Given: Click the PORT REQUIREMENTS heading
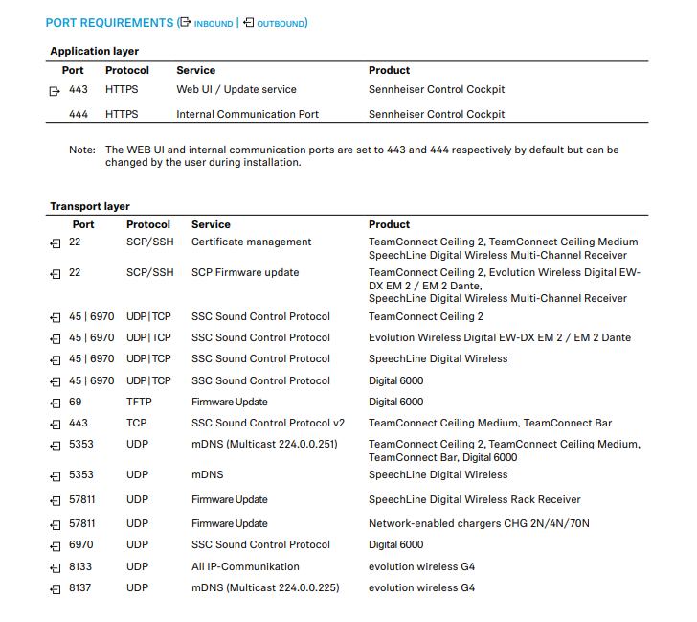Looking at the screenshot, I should [109, 22].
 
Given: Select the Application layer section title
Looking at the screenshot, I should [94, 51].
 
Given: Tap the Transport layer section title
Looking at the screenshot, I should [90, 206].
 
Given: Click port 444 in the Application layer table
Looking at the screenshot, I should [79, 114].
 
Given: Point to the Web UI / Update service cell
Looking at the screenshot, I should [236, 89].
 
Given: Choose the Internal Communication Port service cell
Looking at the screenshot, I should [247, 114].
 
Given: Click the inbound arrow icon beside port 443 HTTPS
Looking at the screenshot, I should [55, 91].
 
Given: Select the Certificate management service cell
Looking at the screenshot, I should [251, 242].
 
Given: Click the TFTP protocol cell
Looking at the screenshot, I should [139, 402].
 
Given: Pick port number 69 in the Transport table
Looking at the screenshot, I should [75, 402].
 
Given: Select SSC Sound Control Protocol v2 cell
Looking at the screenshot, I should [267, 423].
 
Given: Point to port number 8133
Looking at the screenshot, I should [81, 566].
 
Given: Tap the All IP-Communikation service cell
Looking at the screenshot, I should [245, 566].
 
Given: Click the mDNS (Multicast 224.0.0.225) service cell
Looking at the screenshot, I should [264, 587].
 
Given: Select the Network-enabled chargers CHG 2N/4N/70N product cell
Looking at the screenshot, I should [479, 523].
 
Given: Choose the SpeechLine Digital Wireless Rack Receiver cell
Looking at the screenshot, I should [474, 499].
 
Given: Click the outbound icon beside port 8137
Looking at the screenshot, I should [55, 588].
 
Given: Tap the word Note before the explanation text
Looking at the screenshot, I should [81, 150].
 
